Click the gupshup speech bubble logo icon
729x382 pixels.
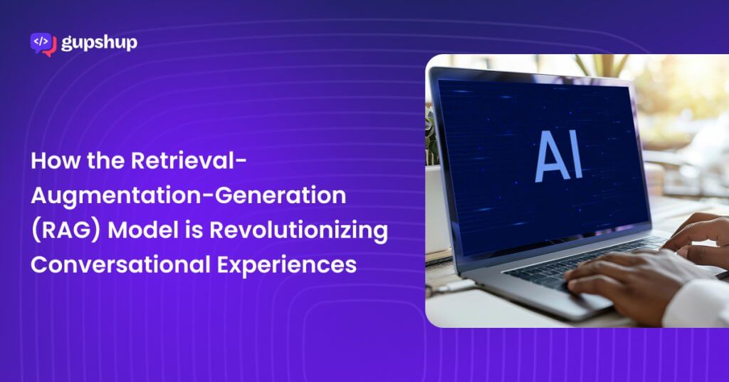click(43, 44)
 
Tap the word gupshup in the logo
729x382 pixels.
click(99, 43)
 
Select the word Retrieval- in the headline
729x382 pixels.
click(189, 160)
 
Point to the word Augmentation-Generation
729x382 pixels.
click(188, 196)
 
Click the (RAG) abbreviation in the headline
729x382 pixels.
click(65, 231)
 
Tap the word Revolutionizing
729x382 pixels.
click(298, 231)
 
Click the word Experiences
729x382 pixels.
click(287, 265)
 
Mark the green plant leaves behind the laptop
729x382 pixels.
click(432, 135)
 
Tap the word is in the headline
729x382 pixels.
click(194, 230)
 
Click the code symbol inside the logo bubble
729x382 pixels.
click(41, 41)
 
